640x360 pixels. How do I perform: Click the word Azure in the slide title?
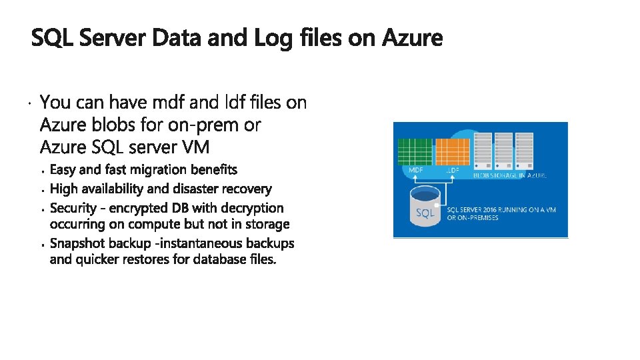(413, 39)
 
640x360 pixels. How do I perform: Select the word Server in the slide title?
(113, 39)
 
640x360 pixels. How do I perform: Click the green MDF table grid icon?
(415, 151)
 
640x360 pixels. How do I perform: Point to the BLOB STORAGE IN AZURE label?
(510, 175)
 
